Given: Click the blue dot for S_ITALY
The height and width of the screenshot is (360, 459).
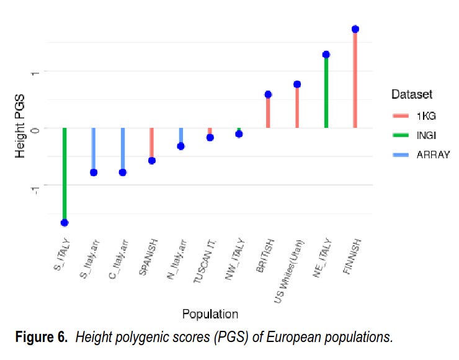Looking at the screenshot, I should tap(65, 222).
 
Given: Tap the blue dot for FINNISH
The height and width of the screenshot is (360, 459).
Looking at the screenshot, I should tap(355, 29).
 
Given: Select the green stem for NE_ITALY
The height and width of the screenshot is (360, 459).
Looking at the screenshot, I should tap(326, 93).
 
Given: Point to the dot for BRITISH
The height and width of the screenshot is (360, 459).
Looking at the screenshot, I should tap(268, 94).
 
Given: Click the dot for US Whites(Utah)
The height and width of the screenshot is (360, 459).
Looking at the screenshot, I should tap(297, 84).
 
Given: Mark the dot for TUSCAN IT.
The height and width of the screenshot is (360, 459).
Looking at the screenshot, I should tap(210, 137).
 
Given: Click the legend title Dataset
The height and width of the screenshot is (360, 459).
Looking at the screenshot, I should tap(411, 94).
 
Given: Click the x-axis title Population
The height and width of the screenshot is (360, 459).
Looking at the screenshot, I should tap(210, 314).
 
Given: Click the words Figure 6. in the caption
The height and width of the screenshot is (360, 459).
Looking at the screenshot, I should tap(42, 338).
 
